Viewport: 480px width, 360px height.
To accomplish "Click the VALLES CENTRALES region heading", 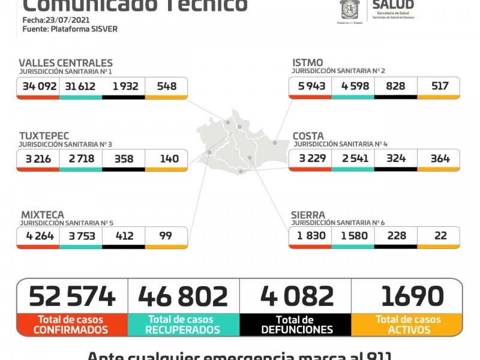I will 65,63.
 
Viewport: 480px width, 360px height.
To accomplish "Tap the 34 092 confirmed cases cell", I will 40,86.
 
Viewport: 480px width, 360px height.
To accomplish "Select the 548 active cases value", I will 166,86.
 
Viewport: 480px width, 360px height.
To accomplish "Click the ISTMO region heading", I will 307,63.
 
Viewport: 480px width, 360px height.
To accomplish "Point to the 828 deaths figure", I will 395,86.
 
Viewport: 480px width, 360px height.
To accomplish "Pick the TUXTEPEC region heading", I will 44,136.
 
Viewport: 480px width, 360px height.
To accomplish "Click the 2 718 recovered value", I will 81,159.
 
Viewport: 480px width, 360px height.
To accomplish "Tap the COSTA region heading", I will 308,136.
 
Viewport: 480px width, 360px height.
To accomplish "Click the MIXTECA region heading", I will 42,215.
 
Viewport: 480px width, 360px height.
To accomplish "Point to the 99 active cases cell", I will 166,236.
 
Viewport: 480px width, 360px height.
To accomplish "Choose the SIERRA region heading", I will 308,215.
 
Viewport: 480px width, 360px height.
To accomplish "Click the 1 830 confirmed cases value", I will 311,236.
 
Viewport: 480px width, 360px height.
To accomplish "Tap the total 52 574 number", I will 72,296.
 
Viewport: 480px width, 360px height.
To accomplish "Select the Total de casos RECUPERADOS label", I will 184,325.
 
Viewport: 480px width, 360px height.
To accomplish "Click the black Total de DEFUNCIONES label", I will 296,325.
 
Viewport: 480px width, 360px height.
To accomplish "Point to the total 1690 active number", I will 412,296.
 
